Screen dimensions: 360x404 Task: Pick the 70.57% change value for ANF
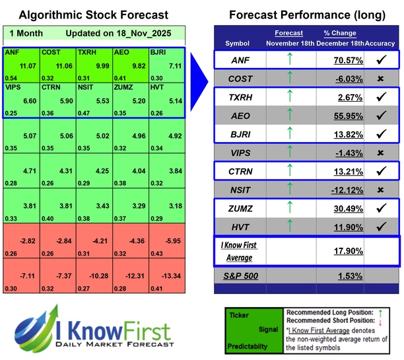coord(339,60)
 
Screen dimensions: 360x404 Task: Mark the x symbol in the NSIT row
coord(382,190)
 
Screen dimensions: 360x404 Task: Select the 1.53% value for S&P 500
coord(343,275)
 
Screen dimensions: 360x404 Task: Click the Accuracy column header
coord(382,43)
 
